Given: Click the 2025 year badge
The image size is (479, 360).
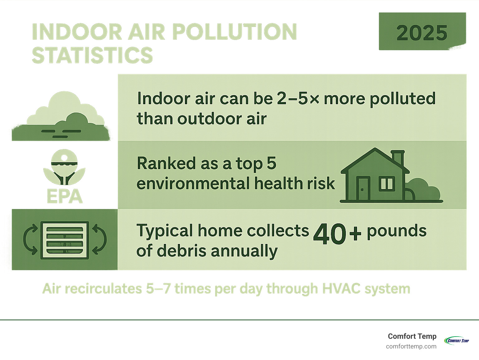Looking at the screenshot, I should (422, 32).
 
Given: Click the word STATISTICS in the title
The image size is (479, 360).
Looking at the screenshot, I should (92, 55).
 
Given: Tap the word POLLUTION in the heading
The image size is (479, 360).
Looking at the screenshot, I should (234, 32).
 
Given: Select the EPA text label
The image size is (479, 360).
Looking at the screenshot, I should (64, 197).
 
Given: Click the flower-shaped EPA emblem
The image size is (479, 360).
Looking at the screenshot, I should (64, 167).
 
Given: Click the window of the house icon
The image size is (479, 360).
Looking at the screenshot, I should (387, 184).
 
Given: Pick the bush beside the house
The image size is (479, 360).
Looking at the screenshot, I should (426, 190).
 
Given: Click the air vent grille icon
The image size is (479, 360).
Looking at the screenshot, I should (65, 240).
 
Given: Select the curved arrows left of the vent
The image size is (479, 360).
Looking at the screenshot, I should (31, 240).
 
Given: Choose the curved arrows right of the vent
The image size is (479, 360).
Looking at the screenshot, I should (99, 240).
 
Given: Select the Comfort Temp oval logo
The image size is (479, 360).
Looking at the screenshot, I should (457, 340).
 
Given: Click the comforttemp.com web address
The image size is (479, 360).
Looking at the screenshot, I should (411, 346).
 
